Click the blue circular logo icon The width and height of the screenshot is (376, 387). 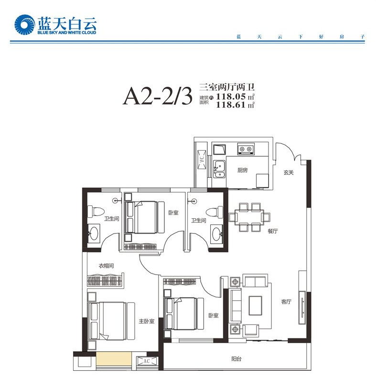[24, 25]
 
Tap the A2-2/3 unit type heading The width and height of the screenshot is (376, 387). [158, 96]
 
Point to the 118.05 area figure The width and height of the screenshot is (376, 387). [231, 96]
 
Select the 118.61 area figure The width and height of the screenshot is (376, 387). [231, 105]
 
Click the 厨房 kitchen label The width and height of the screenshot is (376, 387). [242, 170]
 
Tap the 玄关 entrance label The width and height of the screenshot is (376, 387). [289, 172]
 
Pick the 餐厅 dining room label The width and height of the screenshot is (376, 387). [273, 231]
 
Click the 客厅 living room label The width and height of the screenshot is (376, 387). [286, 301]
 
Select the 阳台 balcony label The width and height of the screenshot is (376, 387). [236, 358]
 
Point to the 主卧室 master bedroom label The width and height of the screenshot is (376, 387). [147, 321]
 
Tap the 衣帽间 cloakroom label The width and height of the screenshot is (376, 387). [107, 266]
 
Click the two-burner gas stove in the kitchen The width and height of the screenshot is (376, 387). [246, 149]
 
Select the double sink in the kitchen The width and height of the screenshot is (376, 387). [219, 169]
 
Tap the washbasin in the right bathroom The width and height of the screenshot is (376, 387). [216, 233]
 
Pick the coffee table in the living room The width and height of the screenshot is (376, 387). [255, 306]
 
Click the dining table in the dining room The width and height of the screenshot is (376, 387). [249, 217]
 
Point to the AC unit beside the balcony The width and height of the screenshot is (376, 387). [147, 361]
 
